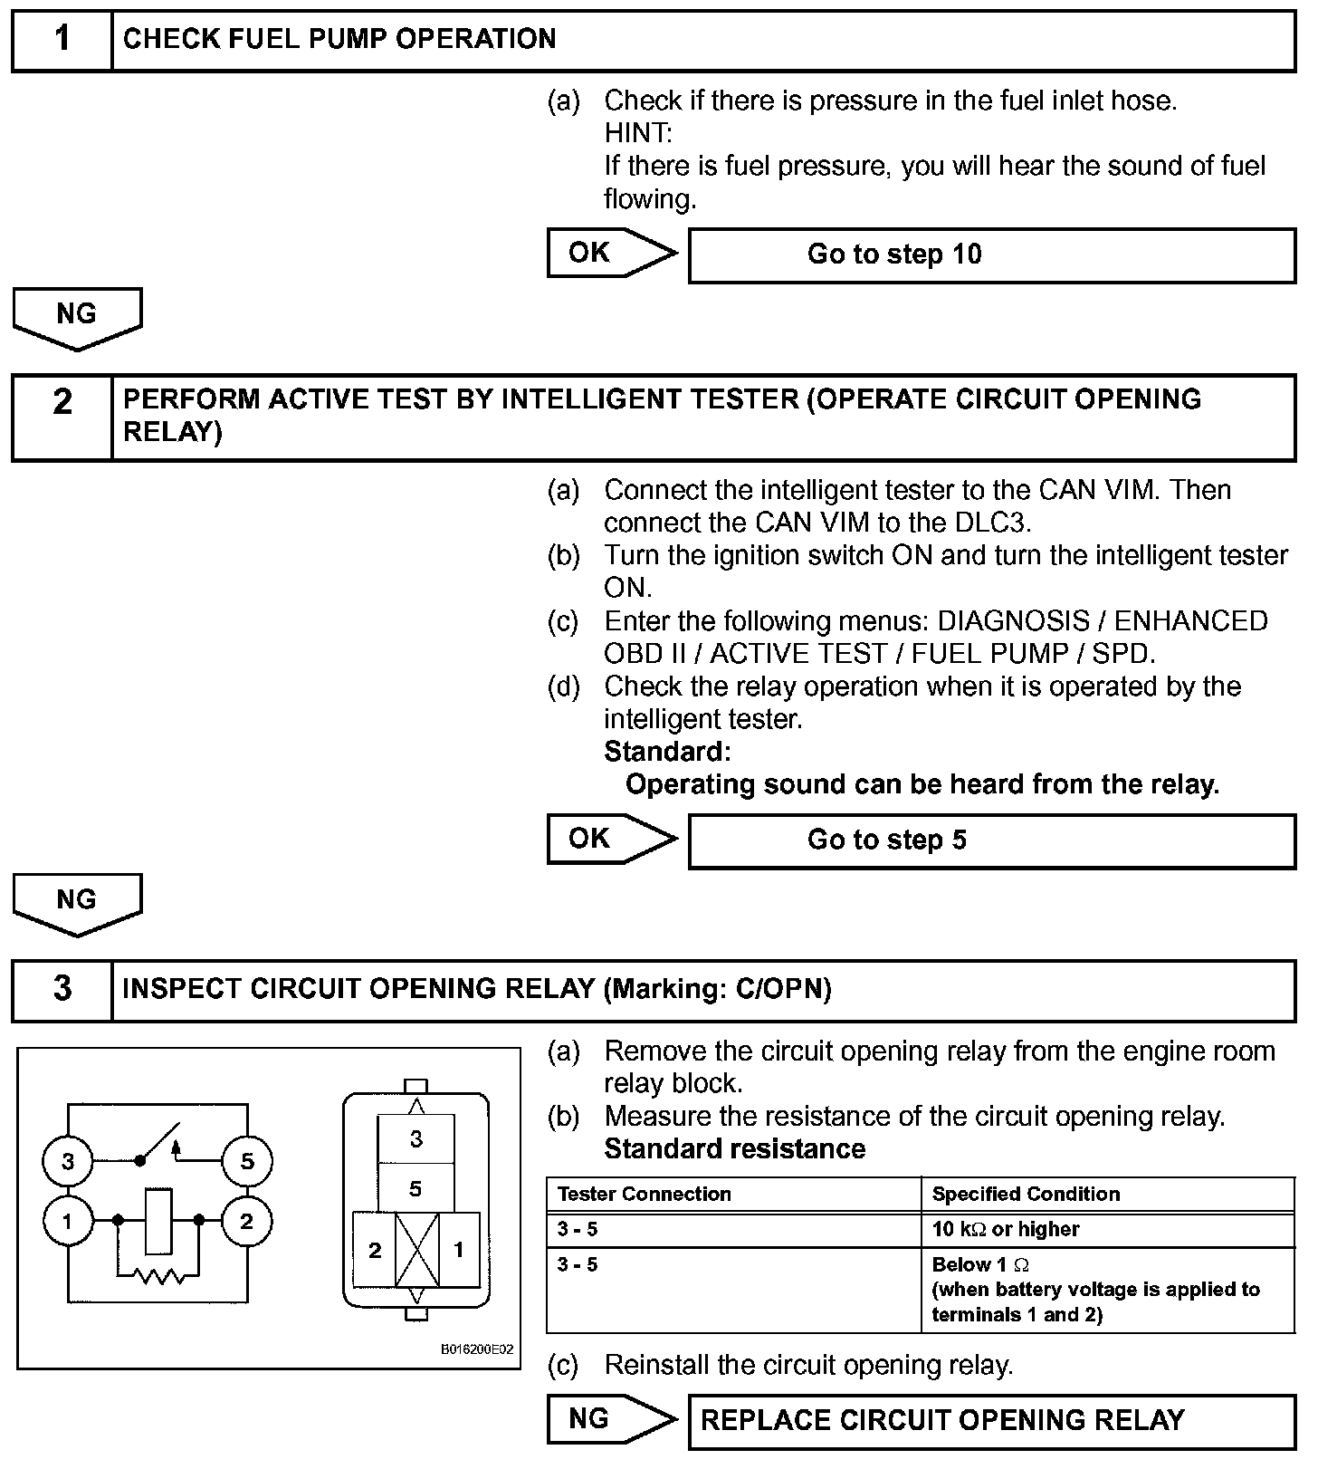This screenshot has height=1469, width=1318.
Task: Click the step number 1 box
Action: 62,40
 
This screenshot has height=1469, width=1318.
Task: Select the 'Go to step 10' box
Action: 991,254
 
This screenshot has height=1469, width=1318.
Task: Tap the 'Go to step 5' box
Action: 991,840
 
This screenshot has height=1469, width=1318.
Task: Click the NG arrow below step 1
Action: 77,316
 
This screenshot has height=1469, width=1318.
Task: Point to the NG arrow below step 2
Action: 77,902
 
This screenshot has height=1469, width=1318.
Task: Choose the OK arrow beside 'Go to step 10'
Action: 610,253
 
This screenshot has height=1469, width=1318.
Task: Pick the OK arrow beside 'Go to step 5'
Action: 610,839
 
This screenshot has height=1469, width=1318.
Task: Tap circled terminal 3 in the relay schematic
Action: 68,1161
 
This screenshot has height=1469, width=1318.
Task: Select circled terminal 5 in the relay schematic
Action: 246,1161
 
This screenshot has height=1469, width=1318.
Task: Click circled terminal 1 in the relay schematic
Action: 68,1221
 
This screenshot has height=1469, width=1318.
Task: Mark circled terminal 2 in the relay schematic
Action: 246,1221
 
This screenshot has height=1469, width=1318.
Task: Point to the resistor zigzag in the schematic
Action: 158,1277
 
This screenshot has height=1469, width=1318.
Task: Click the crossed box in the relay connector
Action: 416,1251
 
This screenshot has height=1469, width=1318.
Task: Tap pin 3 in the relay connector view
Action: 415,1138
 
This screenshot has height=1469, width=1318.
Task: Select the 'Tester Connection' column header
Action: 645,1194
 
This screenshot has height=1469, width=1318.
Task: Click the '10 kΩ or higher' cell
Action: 1006,1229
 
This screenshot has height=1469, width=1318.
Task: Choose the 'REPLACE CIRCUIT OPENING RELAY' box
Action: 991,1419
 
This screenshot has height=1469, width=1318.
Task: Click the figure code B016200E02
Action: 477,1349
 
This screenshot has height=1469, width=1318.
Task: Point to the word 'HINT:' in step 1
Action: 638,133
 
